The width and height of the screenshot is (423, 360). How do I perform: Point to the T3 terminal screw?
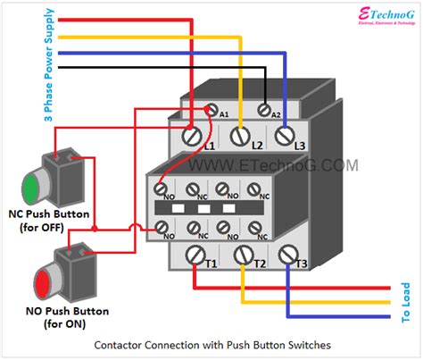click(x=288, y=257)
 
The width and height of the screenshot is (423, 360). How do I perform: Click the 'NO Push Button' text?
click(x=68, y=311)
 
